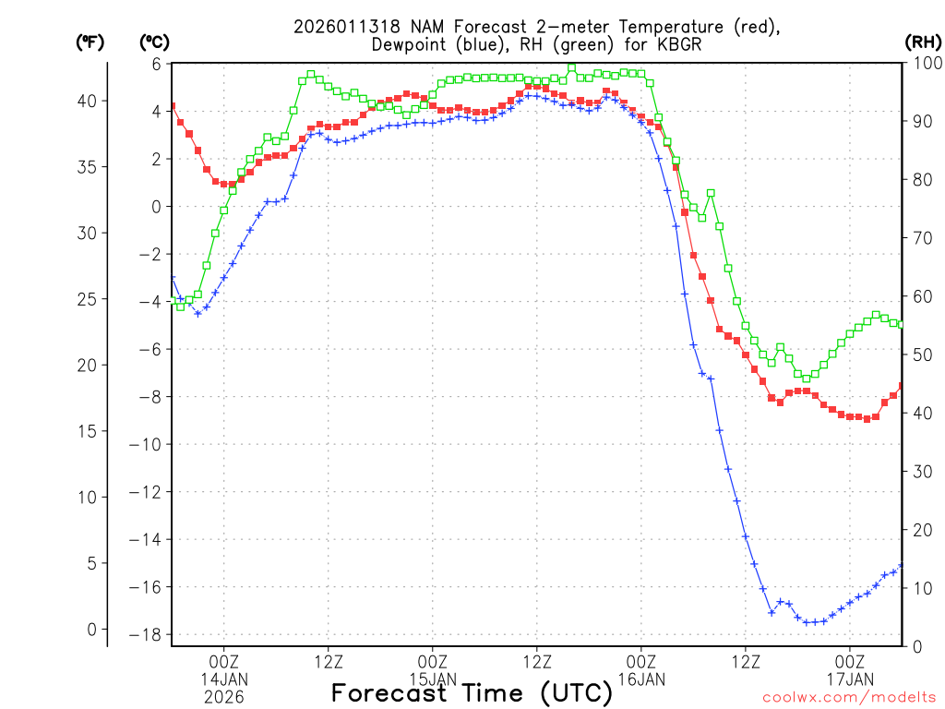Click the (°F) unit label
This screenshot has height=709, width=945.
(89, 42)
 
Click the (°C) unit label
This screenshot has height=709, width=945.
(153, 42)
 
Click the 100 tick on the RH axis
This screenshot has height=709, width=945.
(924, 64)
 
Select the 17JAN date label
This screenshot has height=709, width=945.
(850, 679)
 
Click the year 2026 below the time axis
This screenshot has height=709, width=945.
(224, 697)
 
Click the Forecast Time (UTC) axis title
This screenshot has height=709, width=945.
(472, 692)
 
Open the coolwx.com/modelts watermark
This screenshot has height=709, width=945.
(848, 697)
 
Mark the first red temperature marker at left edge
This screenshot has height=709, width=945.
(172, 106)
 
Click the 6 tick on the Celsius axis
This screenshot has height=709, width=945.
(156, 64)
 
